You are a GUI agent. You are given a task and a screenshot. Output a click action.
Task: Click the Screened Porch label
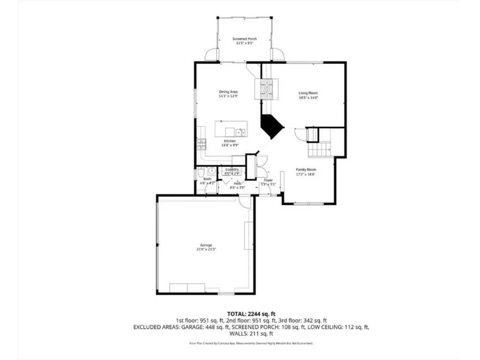click(244, 39)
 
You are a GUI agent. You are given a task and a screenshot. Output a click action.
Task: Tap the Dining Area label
click(228, 91)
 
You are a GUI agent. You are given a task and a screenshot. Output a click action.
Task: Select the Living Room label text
click(308, 93)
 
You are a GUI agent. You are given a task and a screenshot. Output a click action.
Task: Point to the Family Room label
click(306, 170)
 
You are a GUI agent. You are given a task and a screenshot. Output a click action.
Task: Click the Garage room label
click(206, 245)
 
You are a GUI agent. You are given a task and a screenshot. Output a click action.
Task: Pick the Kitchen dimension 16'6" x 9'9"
click(230, 145)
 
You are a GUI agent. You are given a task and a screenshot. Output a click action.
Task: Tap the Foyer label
click(268, 180)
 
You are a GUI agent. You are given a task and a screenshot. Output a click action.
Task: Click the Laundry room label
click(232, 169)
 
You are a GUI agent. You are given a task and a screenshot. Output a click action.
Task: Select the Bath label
click(207, 179)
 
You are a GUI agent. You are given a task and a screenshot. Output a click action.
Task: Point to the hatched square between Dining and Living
click(266, 89)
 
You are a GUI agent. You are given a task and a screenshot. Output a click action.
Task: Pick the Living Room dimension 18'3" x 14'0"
click(308, 98)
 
